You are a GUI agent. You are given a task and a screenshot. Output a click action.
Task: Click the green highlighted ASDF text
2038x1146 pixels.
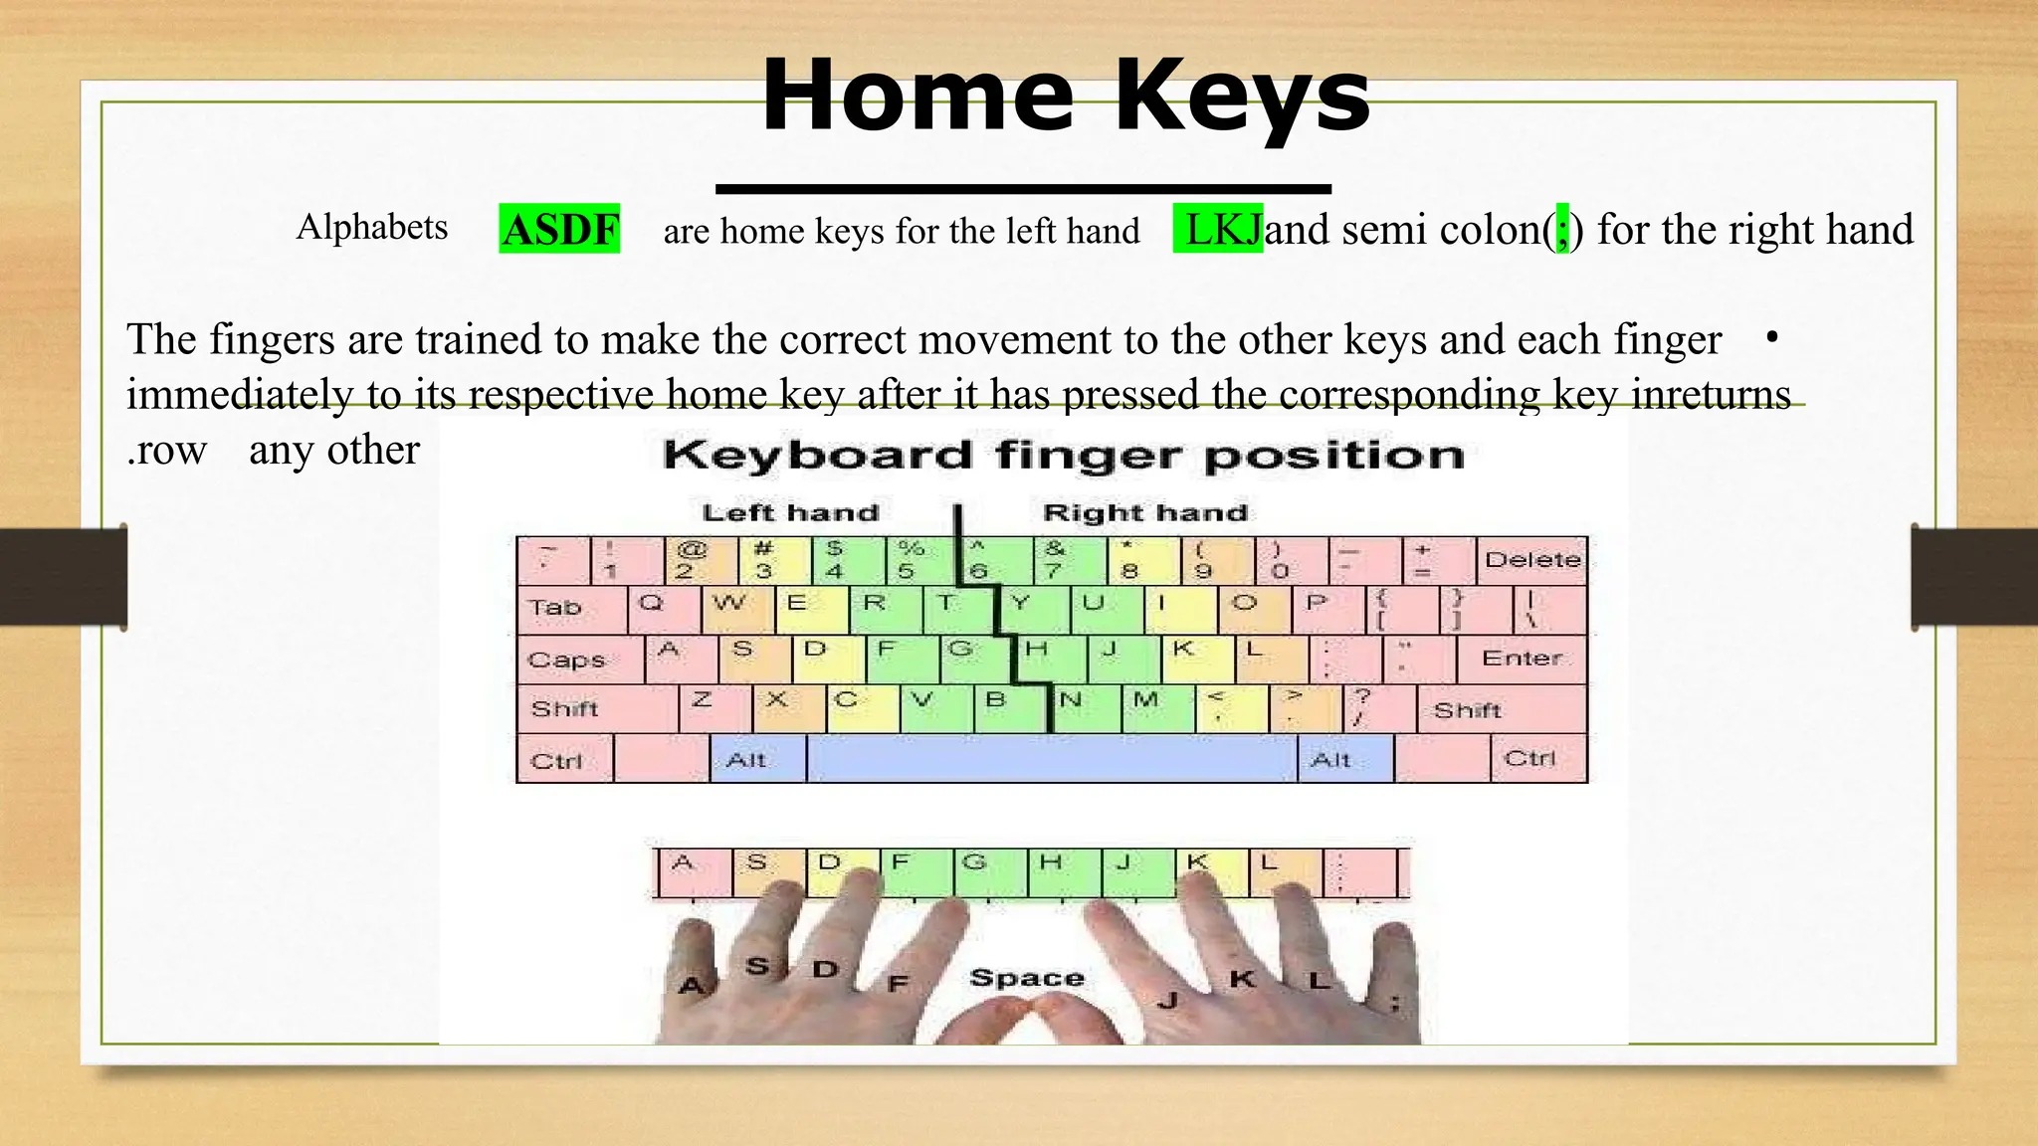[559, 230]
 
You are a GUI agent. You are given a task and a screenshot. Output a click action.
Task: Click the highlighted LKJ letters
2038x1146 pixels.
[1218, 230]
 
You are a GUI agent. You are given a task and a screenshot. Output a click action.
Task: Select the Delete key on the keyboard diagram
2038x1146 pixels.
[1531, 560]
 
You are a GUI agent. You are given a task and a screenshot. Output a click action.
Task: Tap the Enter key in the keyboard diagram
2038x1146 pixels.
[1521, 659]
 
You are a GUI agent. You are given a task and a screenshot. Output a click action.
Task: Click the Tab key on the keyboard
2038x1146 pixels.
[570, 608]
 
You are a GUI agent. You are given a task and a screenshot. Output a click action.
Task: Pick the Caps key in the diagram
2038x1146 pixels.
[579, 660]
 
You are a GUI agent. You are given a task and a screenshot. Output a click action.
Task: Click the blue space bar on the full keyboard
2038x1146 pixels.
[1051, 760]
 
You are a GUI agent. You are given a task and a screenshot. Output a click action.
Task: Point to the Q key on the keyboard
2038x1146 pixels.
[664, 607]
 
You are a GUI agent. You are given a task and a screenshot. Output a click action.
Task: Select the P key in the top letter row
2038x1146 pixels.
[1327, 607]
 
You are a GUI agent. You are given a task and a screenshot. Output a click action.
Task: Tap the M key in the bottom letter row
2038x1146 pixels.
[1157, 706]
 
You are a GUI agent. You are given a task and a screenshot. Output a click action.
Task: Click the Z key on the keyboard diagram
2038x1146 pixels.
[714, 706]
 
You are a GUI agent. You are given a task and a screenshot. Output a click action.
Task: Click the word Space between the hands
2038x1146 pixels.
[1026, 978]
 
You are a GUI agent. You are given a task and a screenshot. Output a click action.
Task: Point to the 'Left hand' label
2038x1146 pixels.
[790, 513]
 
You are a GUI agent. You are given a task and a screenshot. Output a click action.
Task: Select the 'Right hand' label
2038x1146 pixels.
[1144, 513]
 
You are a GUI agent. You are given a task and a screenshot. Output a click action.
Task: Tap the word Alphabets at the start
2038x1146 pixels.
[371, 227]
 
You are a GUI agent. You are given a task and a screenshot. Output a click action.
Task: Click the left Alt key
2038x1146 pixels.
[756, 760]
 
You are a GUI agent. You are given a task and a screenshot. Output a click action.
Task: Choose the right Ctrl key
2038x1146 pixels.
[1537, 759]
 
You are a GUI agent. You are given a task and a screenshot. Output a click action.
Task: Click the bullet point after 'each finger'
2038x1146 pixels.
[1771, 337]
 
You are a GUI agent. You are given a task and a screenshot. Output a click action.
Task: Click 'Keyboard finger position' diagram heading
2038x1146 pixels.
[1063, 456]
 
